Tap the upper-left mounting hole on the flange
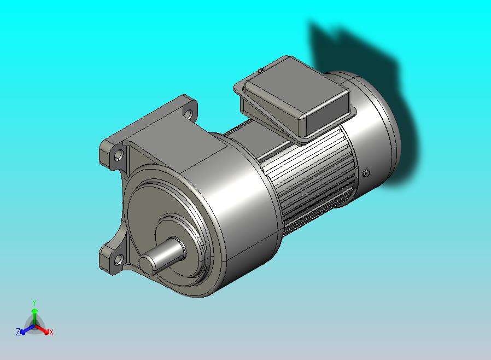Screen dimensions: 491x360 pos(119,155)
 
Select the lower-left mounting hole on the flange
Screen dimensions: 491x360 pos(118,259)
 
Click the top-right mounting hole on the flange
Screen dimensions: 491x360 pos(188,113)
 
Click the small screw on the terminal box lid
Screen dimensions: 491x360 pos(261,71)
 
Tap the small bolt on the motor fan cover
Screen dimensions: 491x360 pos(366,173)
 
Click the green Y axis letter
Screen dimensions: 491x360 pos(34,303)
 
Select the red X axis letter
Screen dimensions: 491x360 pos(51,332)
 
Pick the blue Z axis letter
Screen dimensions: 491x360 pos(18,332)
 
